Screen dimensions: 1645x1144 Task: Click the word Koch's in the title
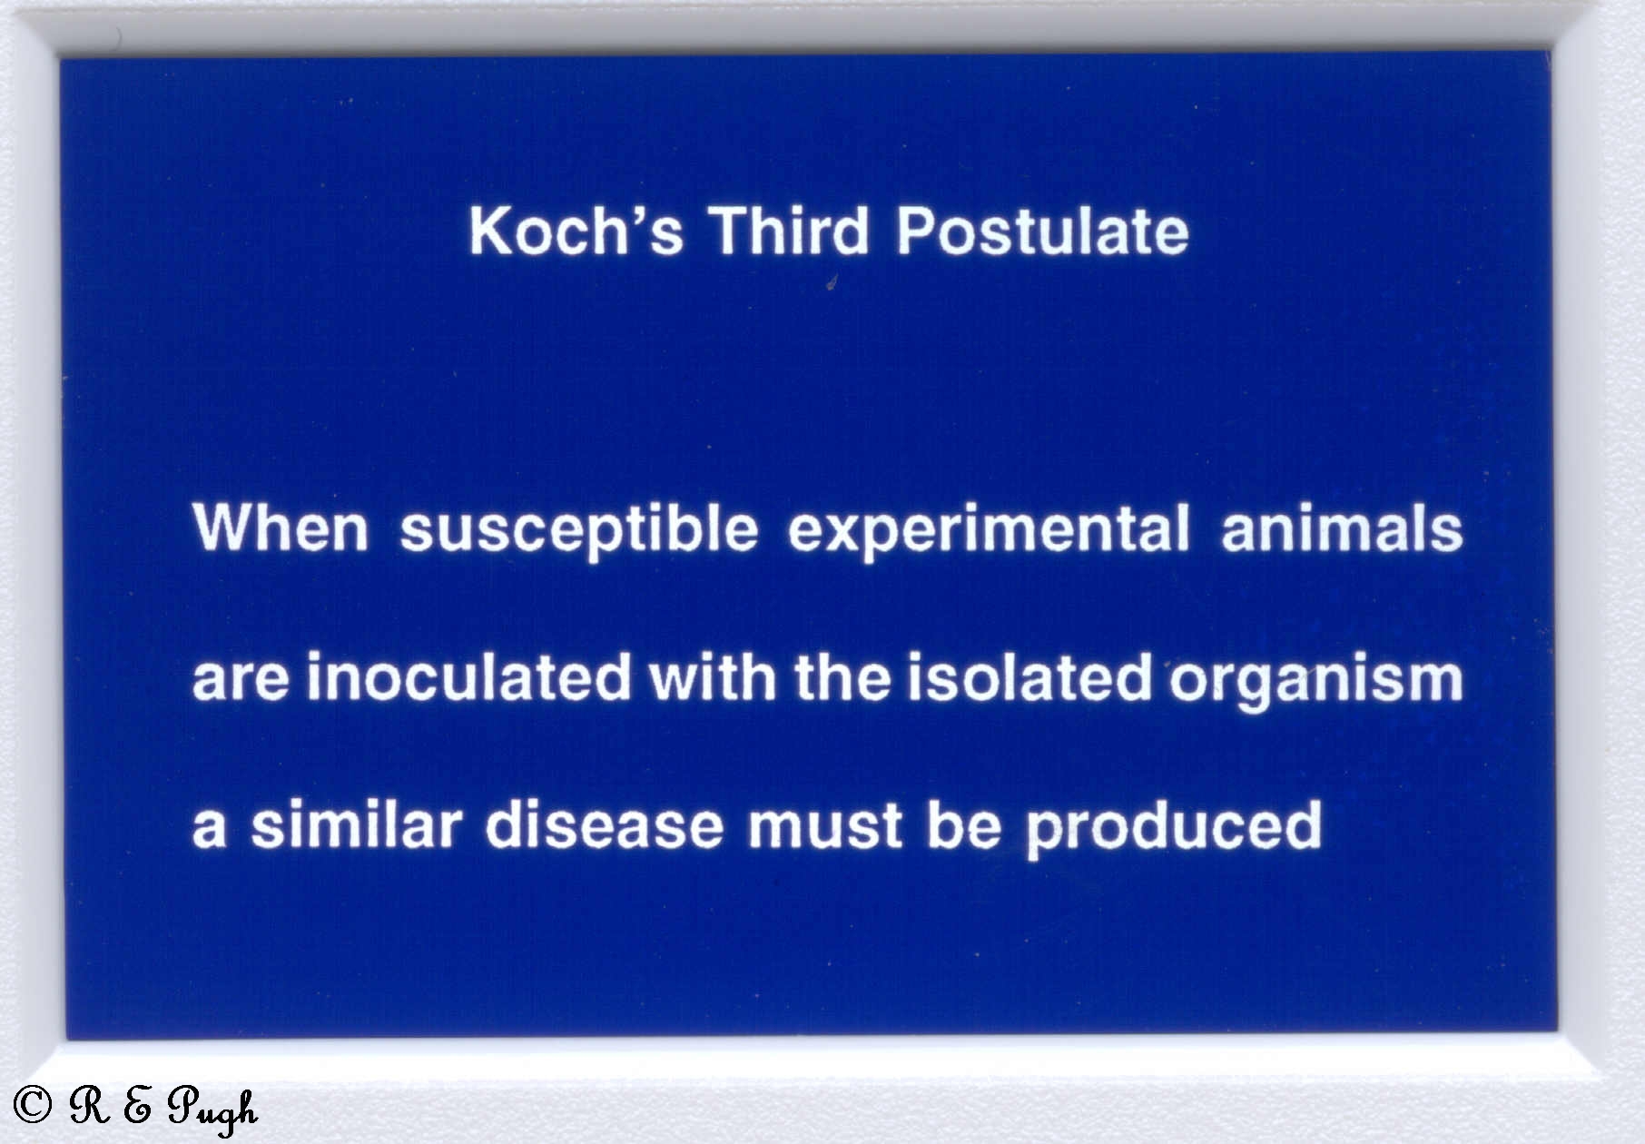click(x=576, y=231)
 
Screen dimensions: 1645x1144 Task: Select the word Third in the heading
click(x=788, y=231)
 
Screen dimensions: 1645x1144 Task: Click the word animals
click(x=1342, y=528)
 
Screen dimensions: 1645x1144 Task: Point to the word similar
click(x=356, y=824)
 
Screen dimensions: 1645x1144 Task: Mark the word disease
click(x=605, y=824)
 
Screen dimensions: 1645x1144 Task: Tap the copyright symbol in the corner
click(x=33, y=1104)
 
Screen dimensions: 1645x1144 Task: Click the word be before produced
click(x=964, y=824)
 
